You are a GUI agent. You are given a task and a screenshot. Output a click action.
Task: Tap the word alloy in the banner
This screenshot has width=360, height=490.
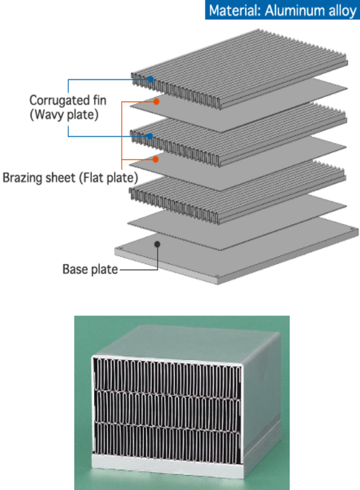tap(342, 10)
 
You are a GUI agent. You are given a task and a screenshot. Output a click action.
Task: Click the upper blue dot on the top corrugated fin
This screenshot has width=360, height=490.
tap(150, 79)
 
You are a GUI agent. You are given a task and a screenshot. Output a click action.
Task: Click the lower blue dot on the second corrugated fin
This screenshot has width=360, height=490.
tap(149, 137)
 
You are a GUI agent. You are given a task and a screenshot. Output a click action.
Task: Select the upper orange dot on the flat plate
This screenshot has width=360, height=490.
tap(156, 101)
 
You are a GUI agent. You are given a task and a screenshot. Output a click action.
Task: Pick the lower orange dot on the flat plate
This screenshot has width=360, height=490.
tap(156, 159)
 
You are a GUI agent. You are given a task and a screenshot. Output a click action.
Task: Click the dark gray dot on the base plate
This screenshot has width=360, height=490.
tap(158, 244)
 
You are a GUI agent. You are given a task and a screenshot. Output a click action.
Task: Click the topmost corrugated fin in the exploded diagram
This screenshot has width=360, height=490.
tap(241, 75)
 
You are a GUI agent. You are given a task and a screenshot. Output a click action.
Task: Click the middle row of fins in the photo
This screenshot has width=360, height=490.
tap(167, 407)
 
